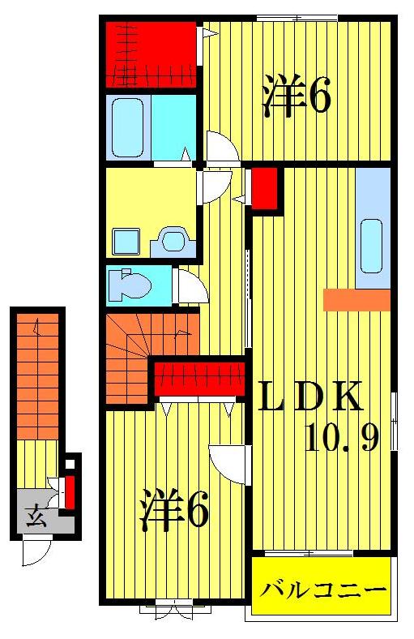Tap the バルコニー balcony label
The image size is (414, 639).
322,590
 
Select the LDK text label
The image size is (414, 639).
309,395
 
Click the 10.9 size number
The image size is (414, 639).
343,437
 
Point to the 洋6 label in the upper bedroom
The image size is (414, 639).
297,96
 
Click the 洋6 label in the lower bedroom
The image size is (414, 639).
174,509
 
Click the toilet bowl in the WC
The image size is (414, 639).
129,285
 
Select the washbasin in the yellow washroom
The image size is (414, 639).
173,241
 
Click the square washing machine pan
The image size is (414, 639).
126,242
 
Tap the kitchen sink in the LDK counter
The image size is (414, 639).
371,247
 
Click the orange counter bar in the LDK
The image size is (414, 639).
356,300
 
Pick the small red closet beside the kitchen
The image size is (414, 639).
265,187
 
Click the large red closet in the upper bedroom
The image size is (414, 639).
151,54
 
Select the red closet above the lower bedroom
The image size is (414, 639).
199,378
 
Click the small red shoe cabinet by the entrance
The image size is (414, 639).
70,492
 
